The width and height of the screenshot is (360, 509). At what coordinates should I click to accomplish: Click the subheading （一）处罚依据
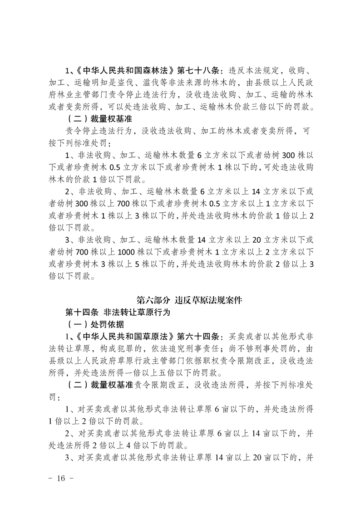[92, 325]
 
